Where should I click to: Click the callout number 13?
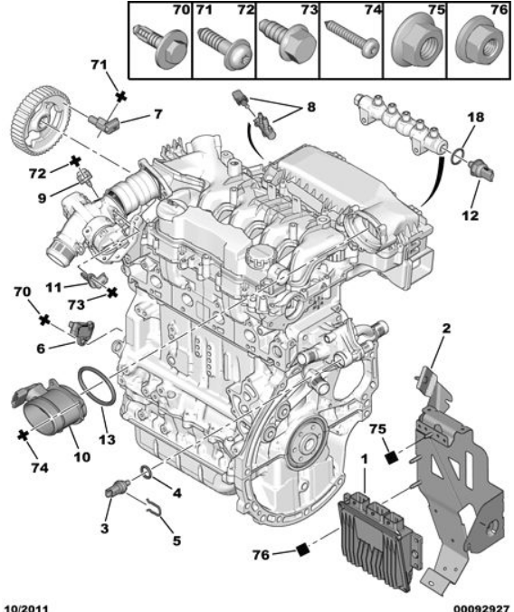click(x=107, y=439)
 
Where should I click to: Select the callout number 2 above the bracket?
click(x=446, y=328)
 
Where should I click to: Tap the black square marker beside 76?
click(x=302, y=550)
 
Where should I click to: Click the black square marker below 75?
click(x=390, y=457)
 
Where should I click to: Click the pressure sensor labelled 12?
click(x=482, y=170)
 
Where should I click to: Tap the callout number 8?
click(x=310, y=107)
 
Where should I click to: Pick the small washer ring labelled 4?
click(x=146, y=473)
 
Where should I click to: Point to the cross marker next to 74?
click(x=24, y=435)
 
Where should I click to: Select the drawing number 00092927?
click(x=481, y=608)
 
